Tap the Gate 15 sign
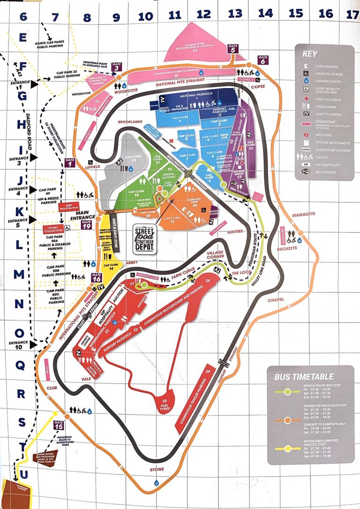[59, 426]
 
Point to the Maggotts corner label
[304, 215]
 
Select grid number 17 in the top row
[352, 15]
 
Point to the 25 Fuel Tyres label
[165, 404]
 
